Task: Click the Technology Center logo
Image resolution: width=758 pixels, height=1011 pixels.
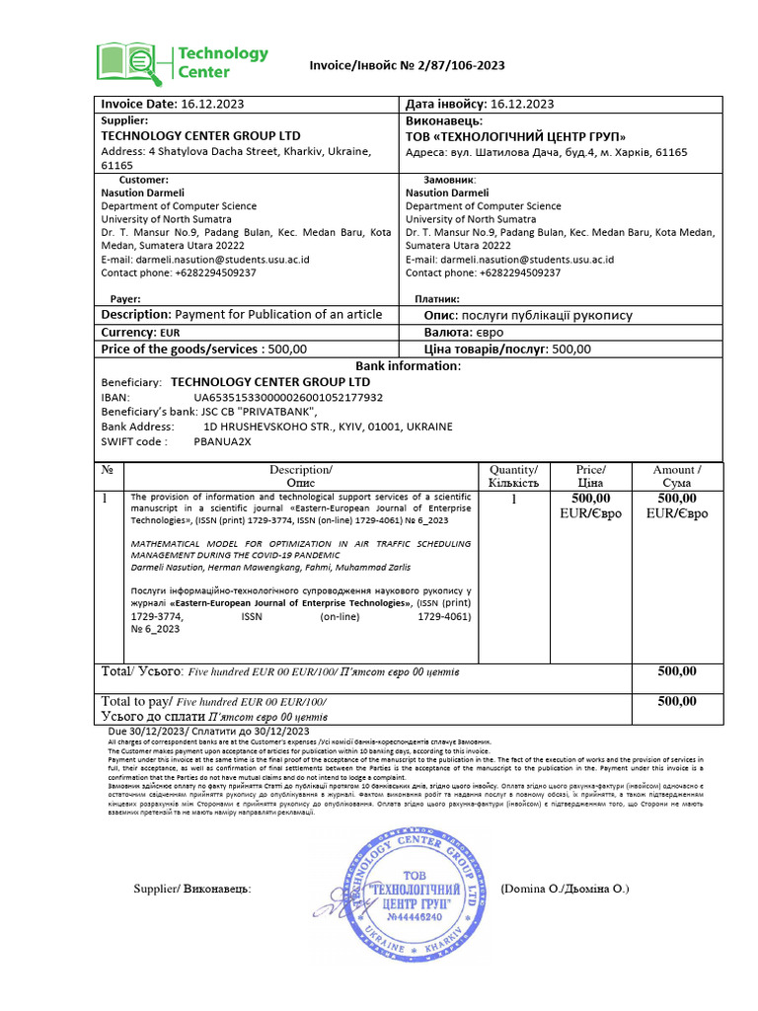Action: (182, 62)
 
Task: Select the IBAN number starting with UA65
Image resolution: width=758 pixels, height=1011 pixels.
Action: (288, 397)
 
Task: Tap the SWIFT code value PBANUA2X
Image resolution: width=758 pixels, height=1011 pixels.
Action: (223, 441)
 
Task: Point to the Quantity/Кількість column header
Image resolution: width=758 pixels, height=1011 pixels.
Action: (513, 476)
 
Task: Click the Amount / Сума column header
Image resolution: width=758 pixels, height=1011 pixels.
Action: (677, 476)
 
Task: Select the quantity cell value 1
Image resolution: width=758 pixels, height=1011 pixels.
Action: (513, 500)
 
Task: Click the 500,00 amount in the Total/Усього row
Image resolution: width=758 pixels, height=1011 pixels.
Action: (677, 671)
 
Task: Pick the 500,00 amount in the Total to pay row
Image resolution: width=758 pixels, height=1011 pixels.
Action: (677, 701)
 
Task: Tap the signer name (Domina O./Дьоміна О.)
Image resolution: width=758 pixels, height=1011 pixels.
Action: (565, 889)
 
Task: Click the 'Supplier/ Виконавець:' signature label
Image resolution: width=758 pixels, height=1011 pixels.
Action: (192, 889)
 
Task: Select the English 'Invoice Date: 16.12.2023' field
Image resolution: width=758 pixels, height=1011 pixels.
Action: (174, 104)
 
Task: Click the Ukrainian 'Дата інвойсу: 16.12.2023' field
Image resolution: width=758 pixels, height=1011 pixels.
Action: (480, 104)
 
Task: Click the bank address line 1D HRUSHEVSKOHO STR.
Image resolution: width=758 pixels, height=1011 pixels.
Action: (327, 427)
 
